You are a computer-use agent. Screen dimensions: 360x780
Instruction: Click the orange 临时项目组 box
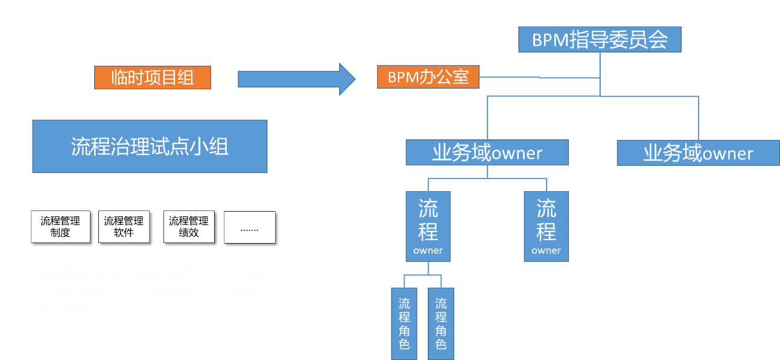[153, 78]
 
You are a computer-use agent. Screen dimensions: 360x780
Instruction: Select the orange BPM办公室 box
[428, 77]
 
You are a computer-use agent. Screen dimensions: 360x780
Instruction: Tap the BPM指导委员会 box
[600, 40]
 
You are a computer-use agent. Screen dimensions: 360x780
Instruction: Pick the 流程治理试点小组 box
[150, 146]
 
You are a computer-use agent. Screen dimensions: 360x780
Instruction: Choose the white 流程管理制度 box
[60, 227]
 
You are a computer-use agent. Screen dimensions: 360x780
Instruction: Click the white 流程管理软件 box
[124, 227]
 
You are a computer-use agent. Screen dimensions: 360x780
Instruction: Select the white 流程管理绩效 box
[189, 227]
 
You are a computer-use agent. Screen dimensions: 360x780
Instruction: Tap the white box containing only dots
[250, 227]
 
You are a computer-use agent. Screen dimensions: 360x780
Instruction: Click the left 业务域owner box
[487, 153]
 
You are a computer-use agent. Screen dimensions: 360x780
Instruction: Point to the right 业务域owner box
[698, 153]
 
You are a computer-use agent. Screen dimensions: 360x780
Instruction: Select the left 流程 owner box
[428, 227]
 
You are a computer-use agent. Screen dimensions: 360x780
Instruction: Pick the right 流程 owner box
[546, 227]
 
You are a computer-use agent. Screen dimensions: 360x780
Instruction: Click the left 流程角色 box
[404, 323]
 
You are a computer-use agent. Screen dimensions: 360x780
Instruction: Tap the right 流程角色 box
[441, 323]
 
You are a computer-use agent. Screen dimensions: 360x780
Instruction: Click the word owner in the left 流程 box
[428, 250]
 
